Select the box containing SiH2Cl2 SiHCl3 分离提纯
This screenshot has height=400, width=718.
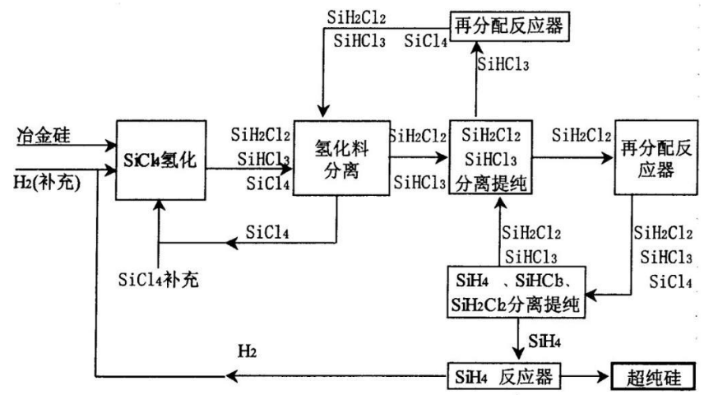(x=491, y=158)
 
